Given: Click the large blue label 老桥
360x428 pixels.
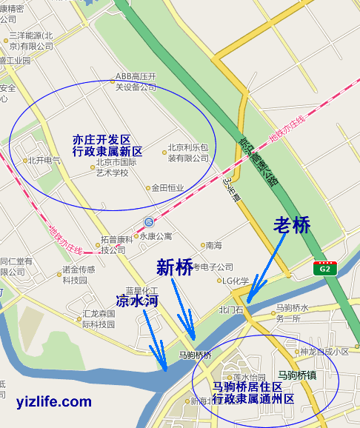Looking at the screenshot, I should [x=292, y=225].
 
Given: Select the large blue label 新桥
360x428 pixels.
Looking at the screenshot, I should [x=175, y=267].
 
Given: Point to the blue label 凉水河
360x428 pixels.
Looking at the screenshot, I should [x=137, y=301].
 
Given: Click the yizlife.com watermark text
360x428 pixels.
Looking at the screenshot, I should [x=54, y=402].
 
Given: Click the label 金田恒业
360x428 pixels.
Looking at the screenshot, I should [x=166, y=188].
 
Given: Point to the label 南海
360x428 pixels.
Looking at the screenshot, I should [x=214, y=245].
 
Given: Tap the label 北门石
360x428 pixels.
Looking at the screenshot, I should [x=230, y=310].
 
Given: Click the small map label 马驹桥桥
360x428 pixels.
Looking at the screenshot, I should [x=196, y=355].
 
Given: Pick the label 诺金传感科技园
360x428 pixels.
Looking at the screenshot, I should [x=79, y=274].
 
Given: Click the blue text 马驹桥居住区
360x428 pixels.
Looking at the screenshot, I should [x=247, y=387].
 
